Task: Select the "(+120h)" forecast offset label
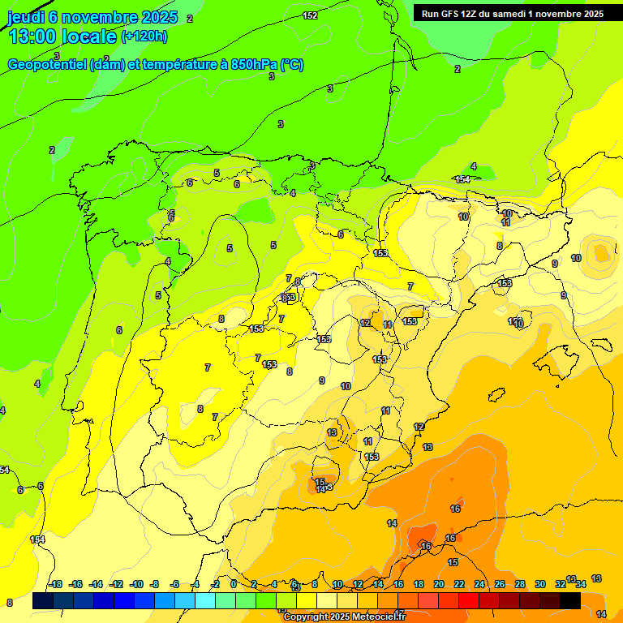pyautogui.click(x=144, y=37)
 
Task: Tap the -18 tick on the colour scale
pyautogui.click(x=56, y=584)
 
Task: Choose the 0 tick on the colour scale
pyautogui.click(x=234, y=584)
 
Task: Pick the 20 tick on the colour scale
pyautogui.click(x=439, y=584)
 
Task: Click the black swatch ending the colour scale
pyautogui.click(x=570, y=600)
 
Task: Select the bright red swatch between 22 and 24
pyautogui.click(x=468, y=600)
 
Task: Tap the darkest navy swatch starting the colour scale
pyautogui.click(x=42, y=600)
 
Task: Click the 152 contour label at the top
pyautogui.click(x=310, y=15)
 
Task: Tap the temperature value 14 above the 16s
pyautogui.click(x=393, y=523)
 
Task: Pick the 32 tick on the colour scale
pyautogui.click(x=561, y=584)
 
